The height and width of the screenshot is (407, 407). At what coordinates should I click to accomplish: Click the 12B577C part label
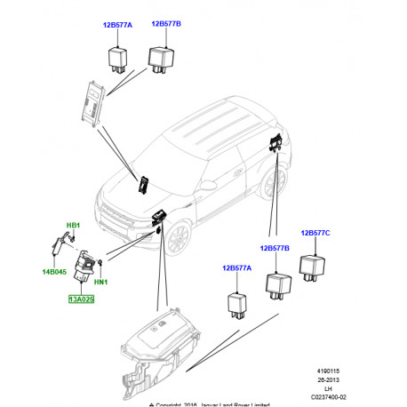tap(315, 233)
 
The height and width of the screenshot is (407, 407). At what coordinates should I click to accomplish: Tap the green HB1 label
tap(73, 227)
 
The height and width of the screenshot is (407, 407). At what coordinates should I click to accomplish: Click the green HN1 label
tap(100, 283)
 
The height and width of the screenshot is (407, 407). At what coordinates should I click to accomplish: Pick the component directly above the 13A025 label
tap(87, 266)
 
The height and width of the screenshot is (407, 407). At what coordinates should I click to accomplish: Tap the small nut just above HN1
tap(102, 265)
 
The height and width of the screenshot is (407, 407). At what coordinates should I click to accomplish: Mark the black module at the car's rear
tap(277, 145)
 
